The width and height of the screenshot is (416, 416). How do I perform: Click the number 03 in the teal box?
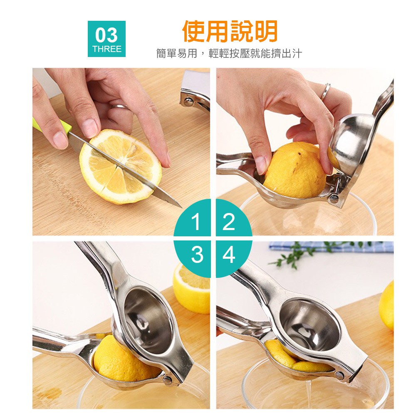tap(106, 35)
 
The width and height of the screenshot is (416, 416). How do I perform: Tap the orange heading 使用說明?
tap(230, 31)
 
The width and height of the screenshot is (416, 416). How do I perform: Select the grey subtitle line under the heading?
tap(229, 53)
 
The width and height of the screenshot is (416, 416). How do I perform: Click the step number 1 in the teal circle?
tap(196, 222)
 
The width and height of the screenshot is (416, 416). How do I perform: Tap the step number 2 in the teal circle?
tap(229, 222)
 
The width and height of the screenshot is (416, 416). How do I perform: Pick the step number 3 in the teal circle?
tap(197, 254)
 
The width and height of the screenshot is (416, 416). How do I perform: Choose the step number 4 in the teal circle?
tap(229, 254)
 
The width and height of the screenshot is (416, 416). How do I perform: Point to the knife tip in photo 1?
tap(181, 207)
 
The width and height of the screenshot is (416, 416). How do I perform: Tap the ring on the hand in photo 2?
tap(326, 91)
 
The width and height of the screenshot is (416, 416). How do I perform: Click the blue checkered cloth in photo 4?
tap(332, 247)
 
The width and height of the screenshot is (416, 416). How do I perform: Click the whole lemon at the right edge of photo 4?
tap(386, 305)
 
